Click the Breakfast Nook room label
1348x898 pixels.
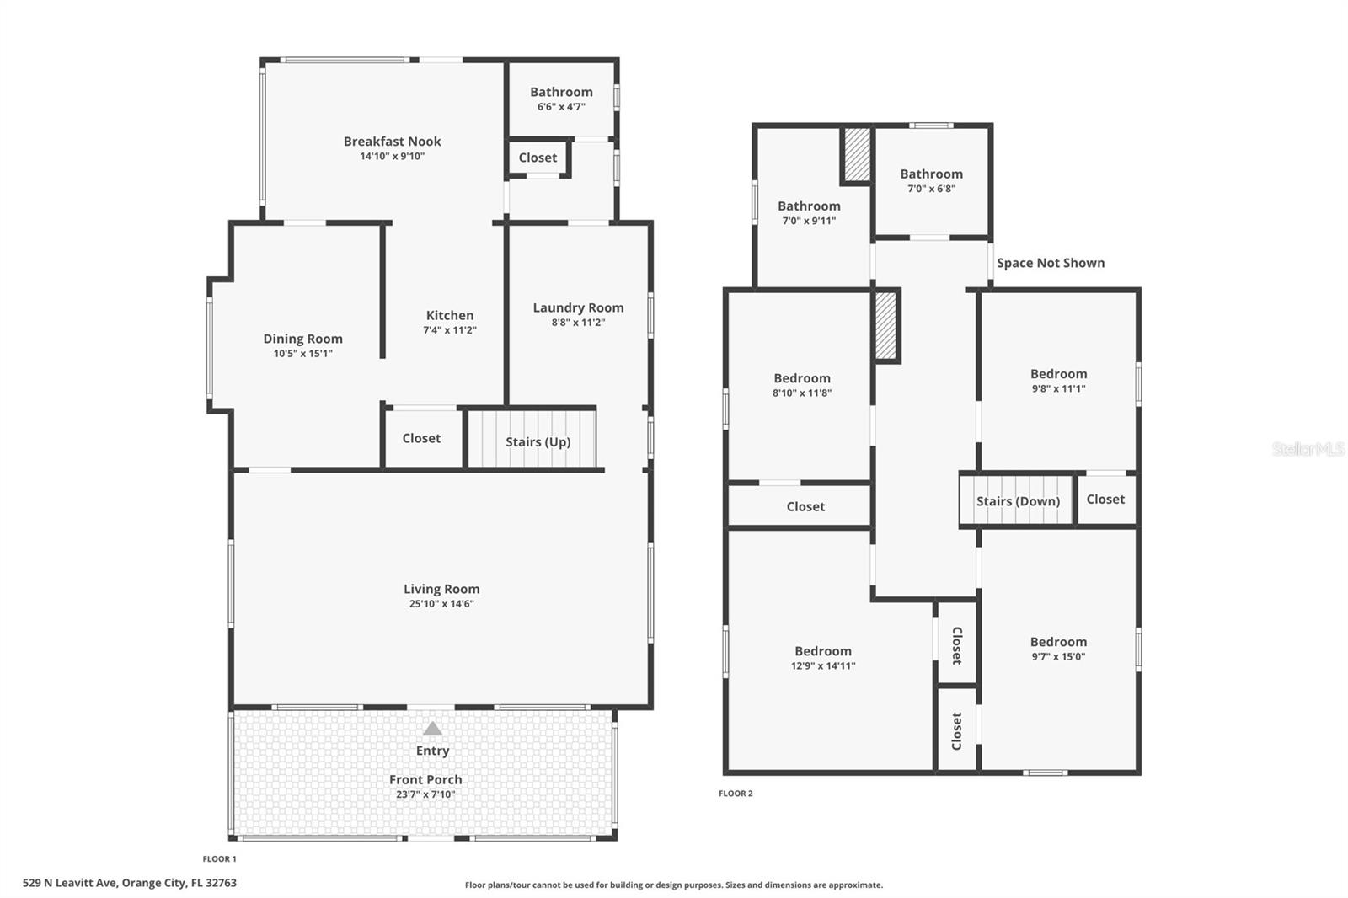(x=392, y=142)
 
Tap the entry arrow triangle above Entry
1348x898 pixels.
(x=432, y=729)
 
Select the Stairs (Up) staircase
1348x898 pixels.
(x=532, y=439)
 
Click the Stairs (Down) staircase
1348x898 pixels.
(x=1017, y=500)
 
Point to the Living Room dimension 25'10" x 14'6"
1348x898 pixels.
(x=441, y=604)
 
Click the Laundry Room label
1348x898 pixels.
(x=578, y=308)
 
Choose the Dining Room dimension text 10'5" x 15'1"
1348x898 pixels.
(x=302, y=354)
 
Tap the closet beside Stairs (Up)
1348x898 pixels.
(x=421, y=438)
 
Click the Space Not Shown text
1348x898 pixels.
(x=1050, y=263)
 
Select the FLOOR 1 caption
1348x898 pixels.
(x=219, y=859)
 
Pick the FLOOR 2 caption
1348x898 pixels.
(x=736, y=794)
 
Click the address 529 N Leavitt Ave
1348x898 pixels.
(x=129, y=884)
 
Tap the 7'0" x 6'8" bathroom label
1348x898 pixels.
(x=931, y=180)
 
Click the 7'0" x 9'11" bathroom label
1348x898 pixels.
(x=809, y=212)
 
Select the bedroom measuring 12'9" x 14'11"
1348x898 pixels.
(x=823, y=657)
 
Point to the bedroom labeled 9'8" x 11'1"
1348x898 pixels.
(x=1058, y=380)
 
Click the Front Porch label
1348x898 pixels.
(x=425, y=780)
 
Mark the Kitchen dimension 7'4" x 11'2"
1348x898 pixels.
(x=450, y=330)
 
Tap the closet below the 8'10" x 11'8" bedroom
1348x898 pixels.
(x=805, y=506)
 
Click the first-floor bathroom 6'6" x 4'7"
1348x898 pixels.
(x=561, y=99)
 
